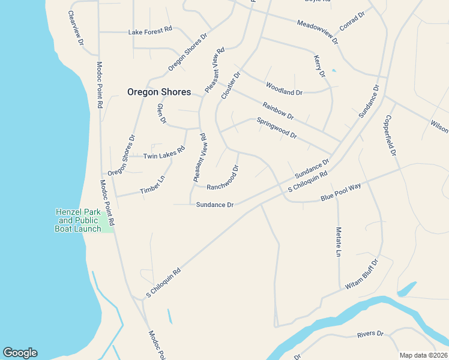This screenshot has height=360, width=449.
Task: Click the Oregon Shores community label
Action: coord(159,92)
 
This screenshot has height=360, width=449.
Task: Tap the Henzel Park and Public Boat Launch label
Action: coord(78,220)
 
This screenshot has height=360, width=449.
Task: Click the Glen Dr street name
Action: coord(161,113)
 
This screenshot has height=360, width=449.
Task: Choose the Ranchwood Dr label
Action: coord(223,178)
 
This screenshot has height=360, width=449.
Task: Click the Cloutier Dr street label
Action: coord(231,86)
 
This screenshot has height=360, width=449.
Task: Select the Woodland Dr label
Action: coord(285,89)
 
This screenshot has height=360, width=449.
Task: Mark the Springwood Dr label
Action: coord(277,128)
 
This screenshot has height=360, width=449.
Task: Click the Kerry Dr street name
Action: coord(319,66)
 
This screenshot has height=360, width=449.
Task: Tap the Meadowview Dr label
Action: coord(318,32)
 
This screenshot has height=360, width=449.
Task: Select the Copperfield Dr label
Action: coord(391,136)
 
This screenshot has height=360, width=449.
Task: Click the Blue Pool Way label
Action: coord(340,193)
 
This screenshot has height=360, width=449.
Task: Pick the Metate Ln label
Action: coord(339,242)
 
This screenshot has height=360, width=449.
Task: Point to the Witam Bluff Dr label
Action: coord(361,275)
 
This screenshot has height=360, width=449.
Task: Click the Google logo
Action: coord(20,353)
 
